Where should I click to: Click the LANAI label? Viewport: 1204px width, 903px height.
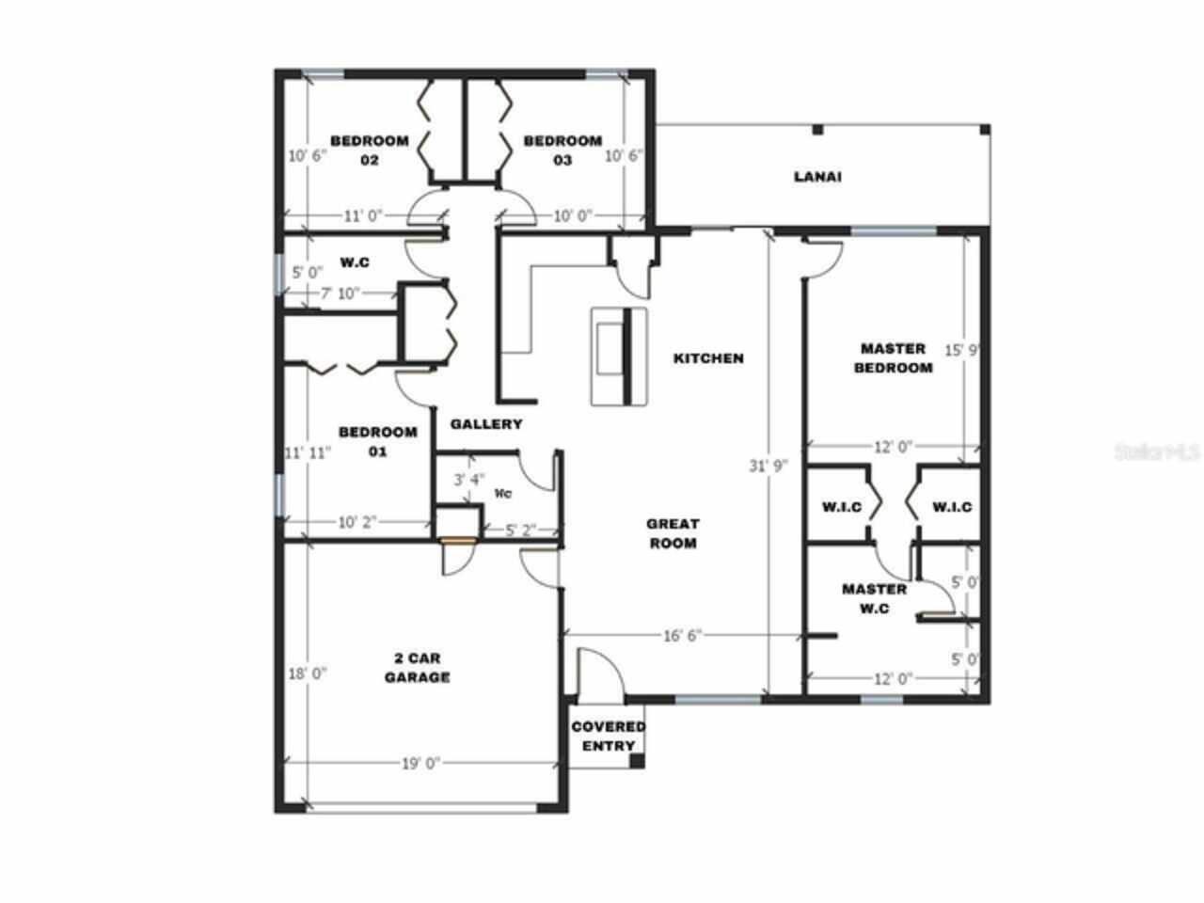816,176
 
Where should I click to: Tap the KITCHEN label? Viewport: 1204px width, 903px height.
708,358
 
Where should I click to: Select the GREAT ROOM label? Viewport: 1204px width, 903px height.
673,533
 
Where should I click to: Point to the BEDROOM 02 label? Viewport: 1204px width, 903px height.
369,150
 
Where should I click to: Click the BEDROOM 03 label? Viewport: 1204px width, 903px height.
562,150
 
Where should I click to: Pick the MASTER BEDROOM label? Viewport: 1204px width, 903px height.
893,358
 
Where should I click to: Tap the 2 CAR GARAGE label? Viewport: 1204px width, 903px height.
417,667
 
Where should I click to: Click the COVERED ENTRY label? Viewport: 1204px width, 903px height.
608,736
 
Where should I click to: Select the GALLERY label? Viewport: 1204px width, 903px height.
485,424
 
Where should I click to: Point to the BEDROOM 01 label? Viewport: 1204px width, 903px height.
377,442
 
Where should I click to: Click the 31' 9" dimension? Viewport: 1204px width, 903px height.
768,466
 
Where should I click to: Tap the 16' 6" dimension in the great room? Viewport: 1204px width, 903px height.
683,636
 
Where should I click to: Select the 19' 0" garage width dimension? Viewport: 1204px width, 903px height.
422,764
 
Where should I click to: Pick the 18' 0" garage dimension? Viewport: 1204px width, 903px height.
307,673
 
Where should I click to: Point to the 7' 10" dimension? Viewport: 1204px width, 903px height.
341,293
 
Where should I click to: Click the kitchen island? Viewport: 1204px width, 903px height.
620,356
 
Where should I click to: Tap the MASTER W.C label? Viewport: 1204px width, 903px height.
874,599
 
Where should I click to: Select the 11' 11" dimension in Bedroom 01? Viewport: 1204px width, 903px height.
309,453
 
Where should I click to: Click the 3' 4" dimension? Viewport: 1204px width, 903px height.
469,480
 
